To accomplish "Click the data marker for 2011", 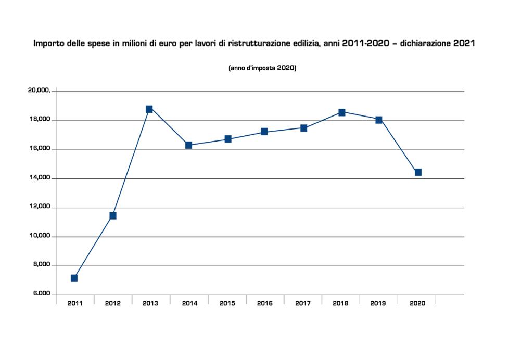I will coord(74,278).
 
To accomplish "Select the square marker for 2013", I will coord(149,109).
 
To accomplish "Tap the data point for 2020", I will coord(418,172).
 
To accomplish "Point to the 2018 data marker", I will coord(342,112).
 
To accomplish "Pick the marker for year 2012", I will coord(113,216).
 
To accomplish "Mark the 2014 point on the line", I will coord(188,145).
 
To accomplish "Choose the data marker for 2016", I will coord(264,132).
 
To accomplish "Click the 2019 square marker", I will coord(379,120).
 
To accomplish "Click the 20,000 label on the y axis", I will coord(39,91).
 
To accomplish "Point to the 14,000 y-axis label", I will coord(39,178).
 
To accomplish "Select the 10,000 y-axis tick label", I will coord(39,236).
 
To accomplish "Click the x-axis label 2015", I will coord(227,303).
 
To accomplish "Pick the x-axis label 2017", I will coord(303,303).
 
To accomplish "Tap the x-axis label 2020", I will coord(417,303).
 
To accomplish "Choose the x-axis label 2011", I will coord(75,303).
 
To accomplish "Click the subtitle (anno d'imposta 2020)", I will coord(262,68).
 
